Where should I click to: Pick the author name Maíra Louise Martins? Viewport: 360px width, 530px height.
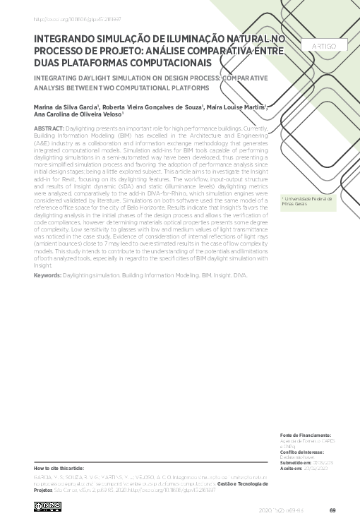(236, 108)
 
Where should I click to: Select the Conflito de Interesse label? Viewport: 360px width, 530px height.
(302, 452)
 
